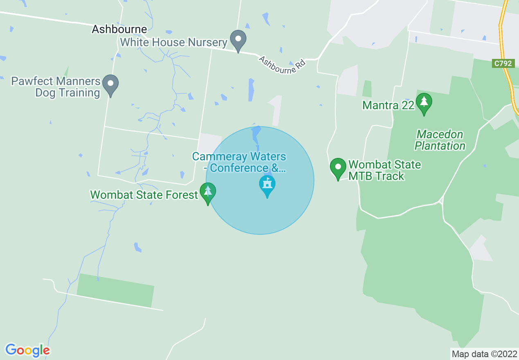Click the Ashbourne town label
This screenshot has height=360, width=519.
119,29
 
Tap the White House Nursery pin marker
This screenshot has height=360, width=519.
238,40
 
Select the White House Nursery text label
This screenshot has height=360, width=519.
174,42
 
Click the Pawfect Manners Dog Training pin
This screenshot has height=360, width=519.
110,84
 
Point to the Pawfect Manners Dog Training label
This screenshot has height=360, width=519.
56,87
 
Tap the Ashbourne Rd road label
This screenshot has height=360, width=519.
282,65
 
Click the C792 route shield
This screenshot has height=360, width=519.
503,63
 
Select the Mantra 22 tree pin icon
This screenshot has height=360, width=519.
424,102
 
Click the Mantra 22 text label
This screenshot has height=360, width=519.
388,106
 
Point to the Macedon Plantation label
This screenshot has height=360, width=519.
440,140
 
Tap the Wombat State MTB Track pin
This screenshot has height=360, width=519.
338,168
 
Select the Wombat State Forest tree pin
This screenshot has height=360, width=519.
208,192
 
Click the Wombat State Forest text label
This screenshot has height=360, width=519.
144,195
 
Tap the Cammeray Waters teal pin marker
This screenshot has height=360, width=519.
267,185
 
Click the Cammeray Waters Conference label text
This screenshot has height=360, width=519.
239,162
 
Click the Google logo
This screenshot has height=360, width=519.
27,350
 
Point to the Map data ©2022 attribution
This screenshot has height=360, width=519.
484,354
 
